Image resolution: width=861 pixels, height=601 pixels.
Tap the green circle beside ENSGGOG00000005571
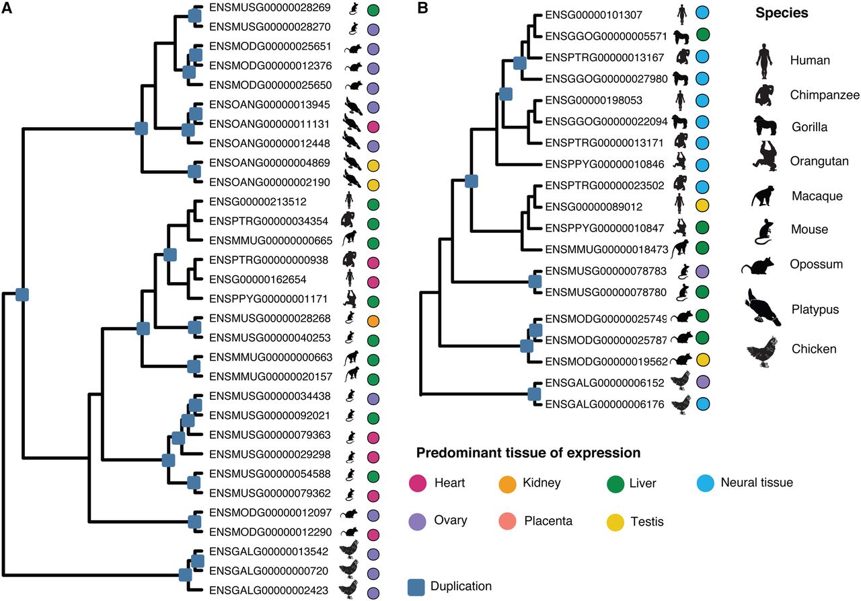tap(704, 35)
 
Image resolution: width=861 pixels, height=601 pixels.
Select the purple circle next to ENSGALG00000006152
tap(704, 382)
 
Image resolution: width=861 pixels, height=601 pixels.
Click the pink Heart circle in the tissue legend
tap(418, 483)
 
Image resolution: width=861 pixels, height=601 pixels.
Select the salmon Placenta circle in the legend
tap(508, 520)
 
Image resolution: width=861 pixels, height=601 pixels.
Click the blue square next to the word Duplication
tap(418, 587)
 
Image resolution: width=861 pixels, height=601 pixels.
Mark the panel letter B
tap(423, 9)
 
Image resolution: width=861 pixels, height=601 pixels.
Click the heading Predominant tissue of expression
tap(528, 452)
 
